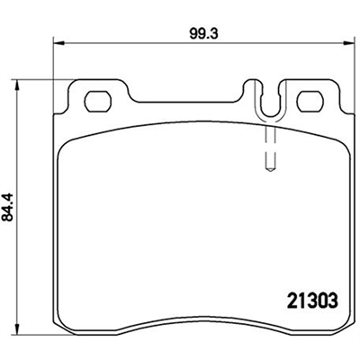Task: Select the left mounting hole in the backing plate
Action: click(x=98, y=102)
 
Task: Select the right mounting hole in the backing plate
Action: click(x=311, y=102)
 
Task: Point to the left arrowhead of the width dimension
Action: click(x=59, y=44)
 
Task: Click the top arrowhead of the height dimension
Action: click(x=18, y=85)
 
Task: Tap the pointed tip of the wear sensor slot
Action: click(x=270, y=170)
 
